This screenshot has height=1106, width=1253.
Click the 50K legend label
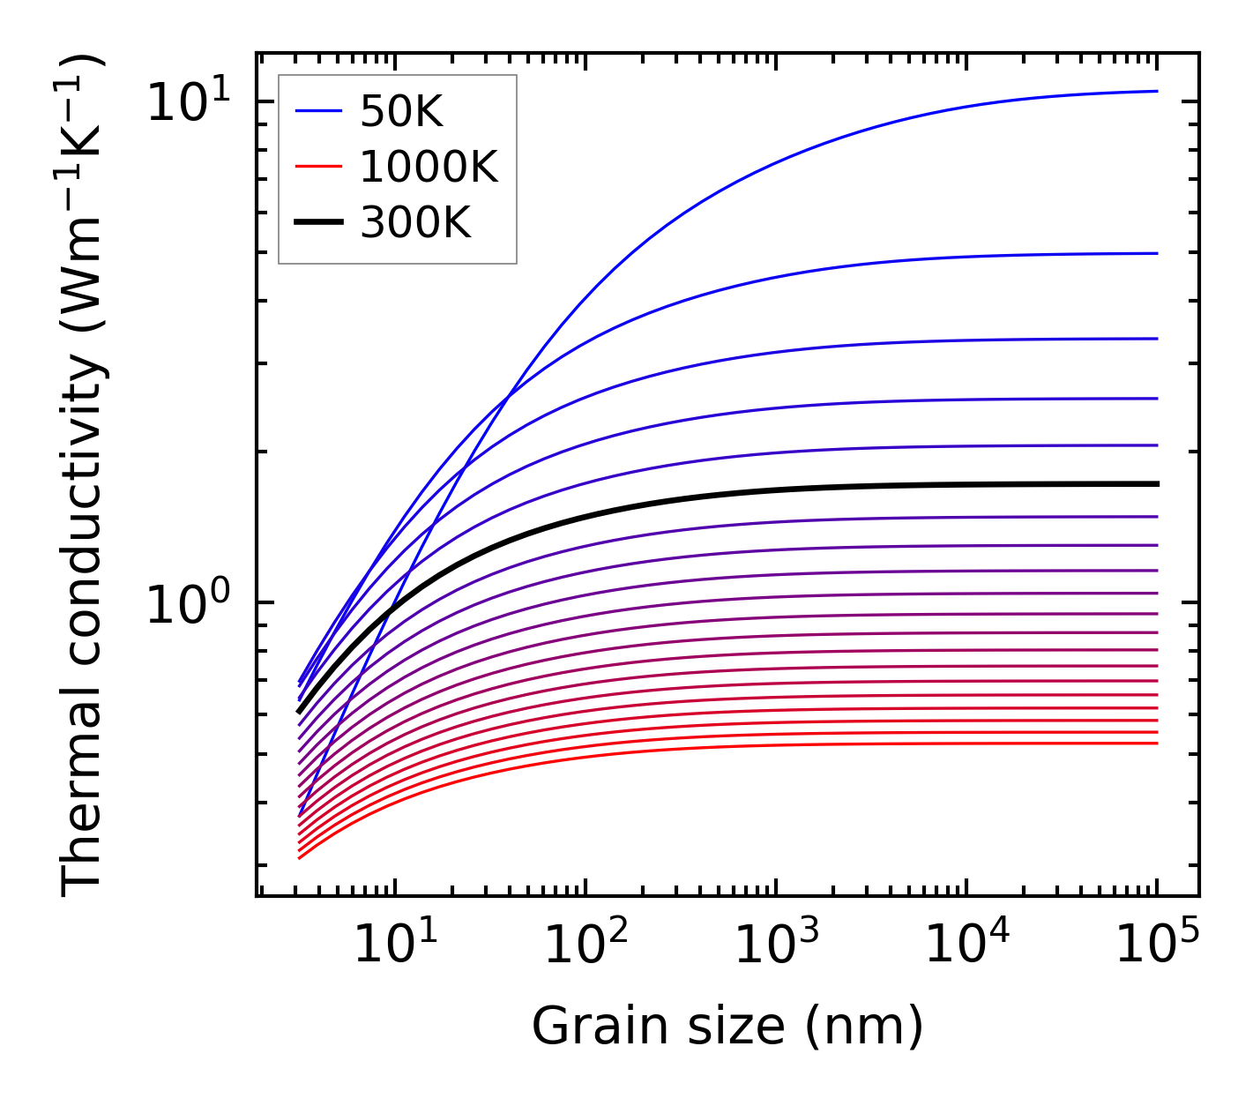click(x=401, y=111)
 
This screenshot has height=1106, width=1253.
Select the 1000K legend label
click(x=429, y=167)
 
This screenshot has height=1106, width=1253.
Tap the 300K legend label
click(x=415, y=223)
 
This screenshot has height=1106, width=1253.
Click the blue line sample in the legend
click(x=318, y=111)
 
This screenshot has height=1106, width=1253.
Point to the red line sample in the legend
click(x=318, y=167)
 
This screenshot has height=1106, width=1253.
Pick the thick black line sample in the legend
click(x=318, y=223)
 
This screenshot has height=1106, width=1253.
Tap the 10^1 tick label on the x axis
click(x=395, y=944)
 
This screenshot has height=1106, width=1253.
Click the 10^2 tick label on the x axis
click(x=585, y=944)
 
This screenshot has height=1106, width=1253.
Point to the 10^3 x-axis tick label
click(x=776, y=944)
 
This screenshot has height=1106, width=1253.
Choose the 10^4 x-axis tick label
click(x=966, y=944)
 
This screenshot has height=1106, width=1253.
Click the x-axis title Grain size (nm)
click(x=727, y=1027)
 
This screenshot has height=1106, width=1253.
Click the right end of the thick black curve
click(x=1156, y=484)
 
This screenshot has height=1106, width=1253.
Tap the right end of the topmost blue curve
click(x=1156, y=91)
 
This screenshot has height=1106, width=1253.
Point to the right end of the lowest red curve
click(x=1156, y=743)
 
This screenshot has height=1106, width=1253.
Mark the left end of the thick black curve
click(x=299, y=711)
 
